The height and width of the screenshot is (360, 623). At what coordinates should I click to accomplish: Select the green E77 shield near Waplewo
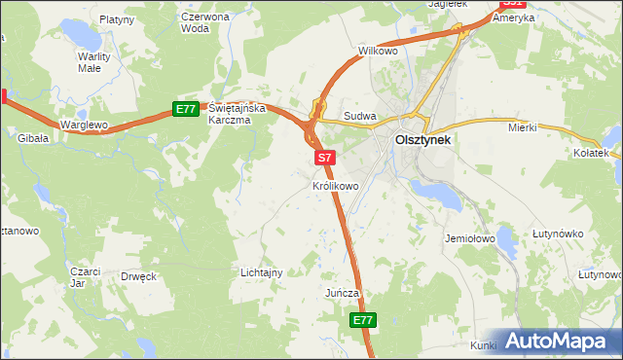(x=187, y=109)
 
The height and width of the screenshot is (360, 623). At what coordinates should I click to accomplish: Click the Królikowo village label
(x=337, y=185)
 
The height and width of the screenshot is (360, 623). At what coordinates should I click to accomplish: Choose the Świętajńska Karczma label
(x=231, y=114)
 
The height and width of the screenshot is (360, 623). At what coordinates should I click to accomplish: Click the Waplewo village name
(x=83, y=126)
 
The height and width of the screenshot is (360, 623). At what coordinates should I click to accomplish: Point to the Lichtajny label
(x=261, y=272)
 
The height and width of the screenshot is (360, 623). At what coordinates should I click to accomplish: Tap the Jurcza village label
(x=343, y=293)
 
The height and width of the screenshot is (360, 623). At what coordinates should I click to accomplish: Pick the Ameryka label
(x=514, y=18)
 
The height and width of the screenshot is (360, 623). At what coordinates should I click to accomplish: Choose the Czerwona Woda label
(x=205, y=22)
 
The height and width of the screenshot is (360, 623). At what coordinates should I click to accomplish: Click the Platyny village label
(x=116, y=18)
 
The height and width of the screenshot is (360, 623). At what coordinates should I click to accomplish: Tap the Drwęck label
(x=138, y=276)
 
